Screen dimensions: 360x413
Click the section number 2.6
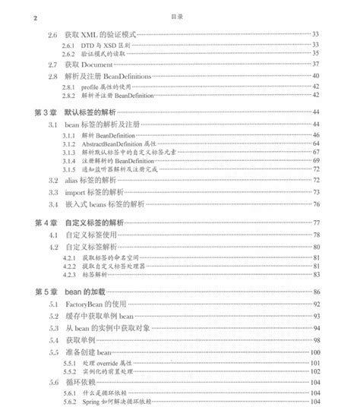tap(52, 35)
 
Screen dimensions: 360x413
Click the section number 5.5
tap(52, 352)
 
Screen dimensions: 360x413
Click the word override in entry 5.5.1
tap(109, 365)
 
